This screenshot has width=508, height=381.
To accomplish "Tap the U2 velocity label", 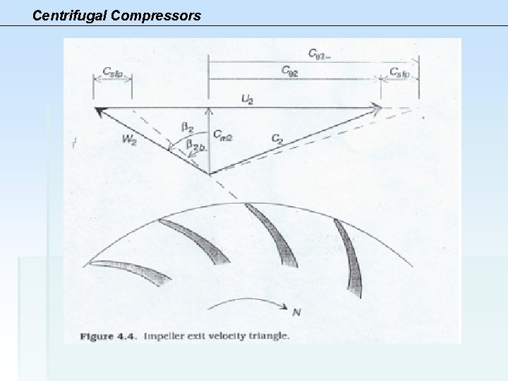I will click(247, 99).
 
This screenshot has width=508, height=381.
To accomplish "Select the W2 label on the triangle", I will click(130, 139).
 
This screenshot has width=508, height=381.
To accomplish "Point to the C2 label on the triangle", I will click(278, 139).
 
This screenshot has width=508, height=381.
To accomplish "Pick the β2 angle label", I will click(188, 127).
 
